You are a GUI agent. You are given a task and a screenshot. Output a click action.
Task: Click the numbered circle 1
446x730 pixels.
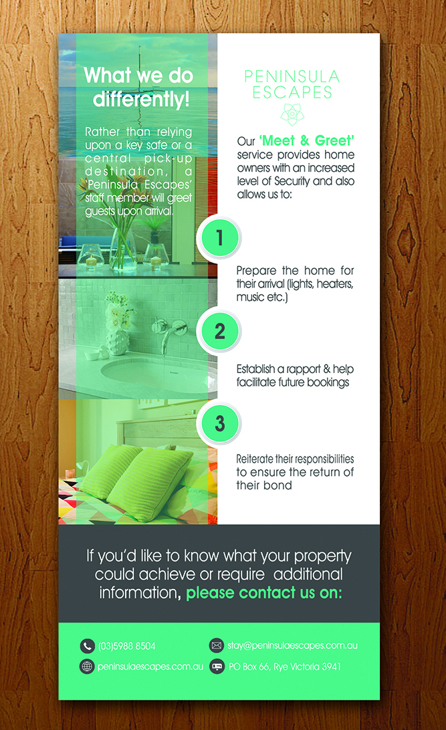click(219, 237)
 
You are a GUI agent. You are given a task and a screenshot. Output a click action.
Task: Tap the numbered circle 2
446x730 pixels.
click(219, 331)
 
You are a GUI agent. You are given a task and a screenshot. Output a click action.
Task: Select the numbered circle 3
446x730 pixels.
click(219, 422)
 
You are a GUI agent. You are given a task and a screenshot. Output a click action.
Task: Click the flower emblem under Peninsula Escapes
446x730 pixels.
click(292, 114)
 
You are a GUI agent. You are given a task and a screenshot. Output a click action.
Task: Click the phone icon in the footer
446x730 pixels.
click(87, 646)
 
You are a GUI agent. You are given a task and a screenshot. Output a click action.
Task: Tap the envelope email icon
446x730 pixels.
click(216, 646)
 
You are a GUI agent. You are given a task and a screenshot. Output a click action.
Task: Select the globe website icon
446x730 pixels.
click(87, 666)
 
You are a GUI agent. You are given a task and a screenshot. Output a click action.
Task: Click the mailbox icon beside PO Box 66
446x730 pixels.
click(216, 666)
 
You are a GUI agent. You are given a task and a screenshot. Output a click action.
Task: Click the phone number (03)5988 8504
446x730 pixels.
click(127, 646)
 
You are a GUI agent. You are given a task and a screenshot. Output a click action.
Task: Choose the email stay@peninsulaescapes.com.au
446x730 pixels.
click(292, 646)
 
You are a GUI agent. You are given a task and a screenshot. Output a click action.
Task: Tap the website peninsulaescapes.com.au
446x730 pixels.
click(150, 666)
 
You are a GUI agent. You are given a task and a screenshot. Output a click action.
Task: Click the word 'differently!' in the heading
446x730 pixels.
click(141, 100)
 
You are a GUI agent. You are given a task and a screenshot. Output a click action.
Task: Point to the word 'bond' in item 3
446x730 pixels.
click(278, 485)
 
